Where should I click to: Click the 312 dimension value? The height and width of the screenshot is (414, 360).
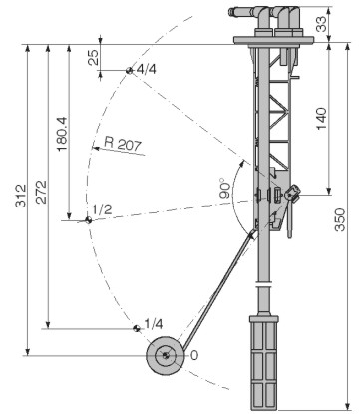click(21, 196)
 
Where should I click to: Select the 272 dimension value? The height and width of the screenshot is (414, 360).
click(42, 192)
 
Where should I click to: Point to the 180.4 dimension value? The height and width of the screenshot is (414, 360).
click(62, 134)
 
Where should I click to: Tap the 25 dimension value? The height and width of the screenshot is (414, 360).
click(94, 57)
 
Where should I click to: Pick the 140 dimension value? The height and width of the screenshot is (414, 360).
click(321, 119)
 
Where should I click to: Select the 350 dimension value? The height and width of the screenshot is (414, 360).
click(340, 219)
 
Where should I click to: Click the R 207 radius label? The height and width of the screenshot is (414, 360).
click(123, 144)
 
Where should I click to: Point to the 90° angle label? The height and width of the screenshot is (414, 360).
click(224, 189)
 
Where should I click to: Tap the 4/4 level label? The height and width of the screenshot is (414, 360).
click(146, 69)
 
